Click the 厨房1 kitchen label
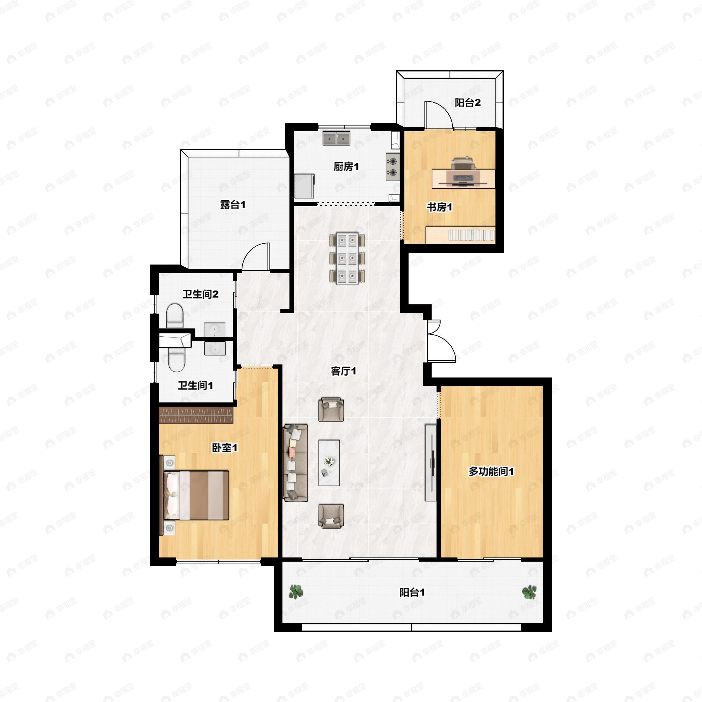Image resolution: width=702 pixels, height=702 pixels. click(346, 167)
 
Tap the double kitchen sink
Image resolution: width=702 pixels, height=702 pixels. click(336, 138)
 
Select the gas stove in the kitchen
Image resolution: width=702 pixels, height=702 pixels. click(393, 167)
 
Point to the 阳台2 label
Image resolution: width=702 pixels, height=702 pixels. click(468, 103)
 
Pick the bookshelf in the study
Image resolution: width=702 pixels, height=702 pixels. click(460, 235)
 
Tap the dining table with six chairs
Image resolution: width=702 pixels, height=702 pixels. click(347, 259)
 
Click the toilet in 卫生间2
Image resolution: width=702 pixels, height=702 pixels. click(174, 316)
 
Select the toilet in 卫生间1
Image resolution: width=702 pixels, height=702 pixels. click(177, 359)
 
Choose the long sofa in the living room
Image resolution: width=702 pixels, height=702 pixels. click(295, 463)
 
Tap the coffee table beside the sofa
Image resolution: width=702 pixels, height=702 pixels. click(329, 462)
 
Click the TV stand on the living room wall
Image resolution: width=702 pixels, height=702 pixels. click(431, 462)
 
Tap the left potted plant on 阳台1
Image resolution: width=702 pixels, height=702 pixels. click(296, 591)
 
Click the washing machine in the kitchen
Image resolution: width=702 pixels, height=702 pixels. click(304, 186)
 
